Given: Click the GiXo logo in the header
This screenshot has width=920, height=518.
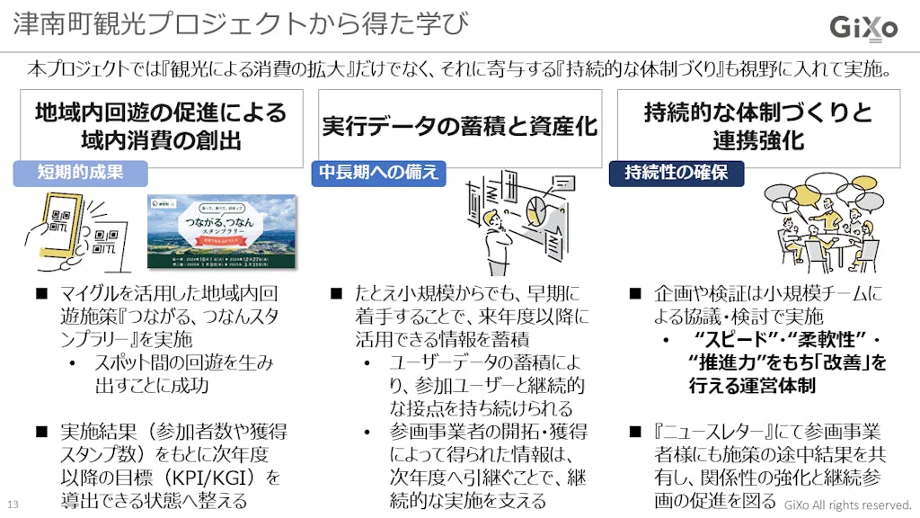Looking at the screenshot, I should [x=862, y=27].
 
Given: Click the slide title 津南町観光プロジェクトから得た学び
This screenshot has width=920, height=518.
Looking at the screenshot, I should [x=241, y=23].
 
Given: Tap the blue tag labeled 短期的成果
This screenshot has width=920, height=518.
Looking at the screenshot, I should [x=80, y=173].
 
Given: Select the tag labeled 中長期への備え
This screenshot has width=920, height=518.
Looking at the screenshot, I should [x=379, y=172].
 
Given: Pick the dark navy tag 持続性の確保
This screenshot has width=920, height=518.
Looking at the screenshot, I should [x=677, y=173].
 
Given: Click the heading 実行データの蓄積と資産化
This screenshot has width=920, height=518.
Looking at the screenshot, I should [x=459, y=127].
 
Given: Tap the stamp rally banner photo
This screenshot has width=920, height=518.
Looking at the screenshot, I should [x=222, y=230].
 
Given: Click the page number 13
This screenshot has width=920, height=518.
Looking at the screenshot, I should [x=13, y=503].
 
